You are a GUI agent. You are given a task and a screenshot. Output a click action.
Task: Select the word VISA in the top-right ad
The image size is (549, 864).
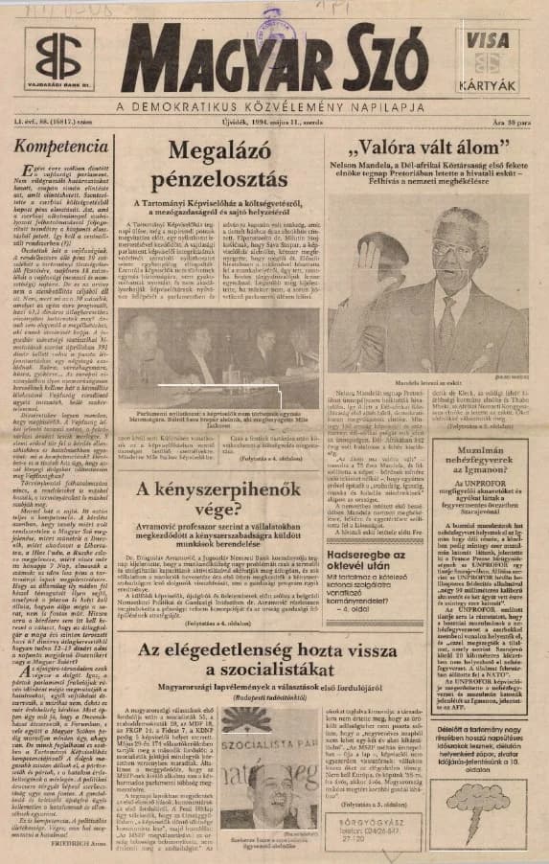pyautogui.click(x=488, y=41)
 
